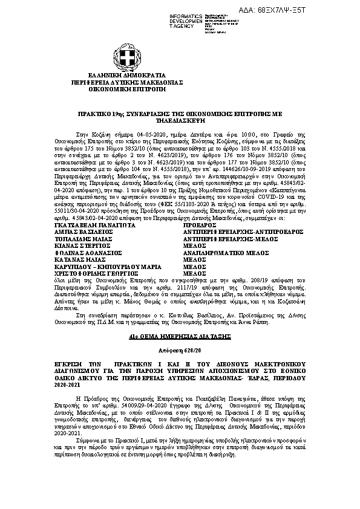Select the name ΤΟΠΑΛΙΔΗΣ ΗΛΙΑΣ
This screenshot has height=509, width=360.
point(76,240)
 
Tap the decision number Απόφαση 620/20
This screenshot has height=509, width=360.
point(180,351)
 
